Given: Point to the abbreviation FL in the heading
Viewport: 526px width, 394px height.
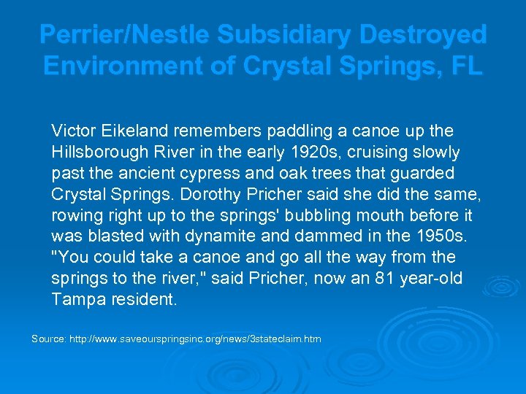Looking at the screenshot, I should pos(466,66).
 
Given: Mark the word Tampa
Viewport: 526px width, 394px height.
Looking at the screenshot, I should pos(74,300).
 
